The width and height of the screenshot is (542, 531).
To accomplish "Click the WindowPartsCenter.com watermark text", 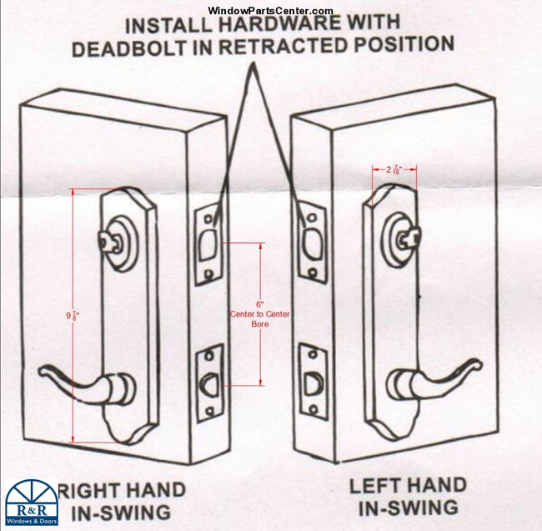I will pos(270,10).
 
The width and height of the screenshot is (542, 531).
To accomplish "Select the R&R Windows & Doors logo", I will pos(31,503).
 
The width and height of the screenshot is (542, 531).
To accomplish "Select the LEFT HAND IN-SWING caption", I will pos(408,496).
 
